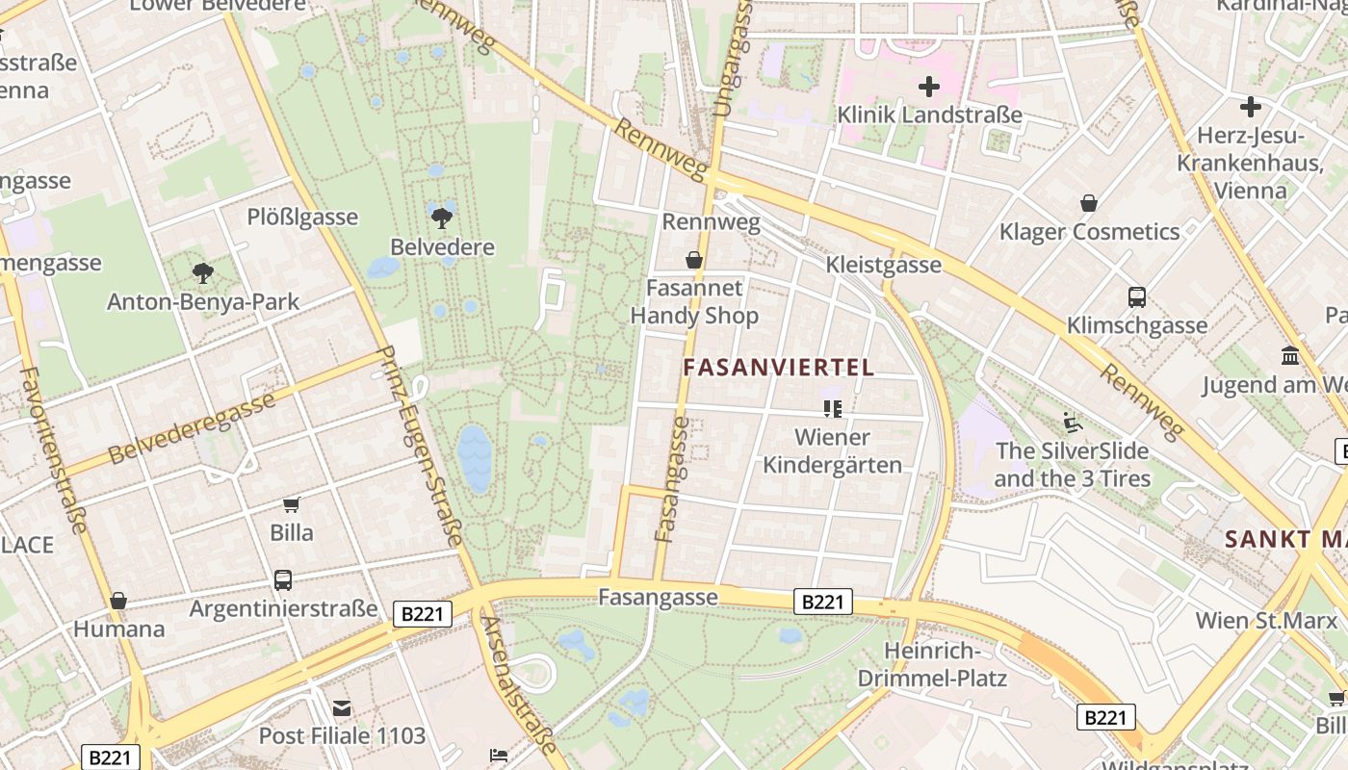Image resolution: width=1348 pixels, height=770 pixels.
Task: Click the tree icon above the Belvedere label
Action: [442, 218]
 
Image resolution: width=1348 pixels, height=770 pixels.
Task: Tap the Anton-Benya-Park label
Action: [203, 301]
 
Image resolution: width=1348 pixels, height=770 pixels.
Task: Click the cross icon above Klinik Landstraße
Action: [929, 88]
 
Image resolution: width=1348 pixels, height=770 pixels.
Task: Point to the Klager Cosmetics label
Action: [1089, 232]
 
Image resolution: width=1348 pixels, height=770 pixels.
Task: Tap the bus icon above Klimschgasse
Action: [1137, 297]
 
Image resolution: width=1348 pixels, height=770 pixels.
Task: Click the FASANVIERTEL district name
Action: [779, 367]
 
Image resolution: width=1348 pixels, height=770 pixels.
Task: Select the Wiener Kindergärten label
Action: [833, 451]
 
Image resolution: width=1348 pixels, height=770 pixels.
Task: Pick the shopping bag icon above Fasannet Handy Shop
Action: [693, 260]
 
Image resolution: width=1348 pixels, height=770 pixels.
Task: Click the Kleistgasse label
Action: [884, 265]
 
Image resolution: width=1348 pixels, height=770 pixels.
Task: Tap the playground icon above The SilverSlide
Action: [1072, 423]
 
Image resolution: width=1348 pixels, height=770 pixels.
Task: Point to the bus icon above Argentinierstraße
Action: [283, 580]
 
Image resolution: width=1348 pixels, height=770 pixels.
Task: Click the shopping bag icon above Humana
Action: [118, 602]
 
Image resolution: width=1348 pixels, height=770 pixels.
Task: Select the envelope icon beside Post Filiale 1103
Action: [342, 708]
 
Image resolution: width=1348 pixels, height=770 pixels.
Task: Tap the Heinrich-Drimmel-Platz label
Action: [946, 665]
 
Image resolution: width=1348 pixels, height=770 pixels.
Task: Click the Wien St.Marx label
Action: [1266, 620]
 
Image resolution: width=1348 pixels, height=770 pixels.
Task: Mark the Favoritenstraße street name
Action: [54, 449]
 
